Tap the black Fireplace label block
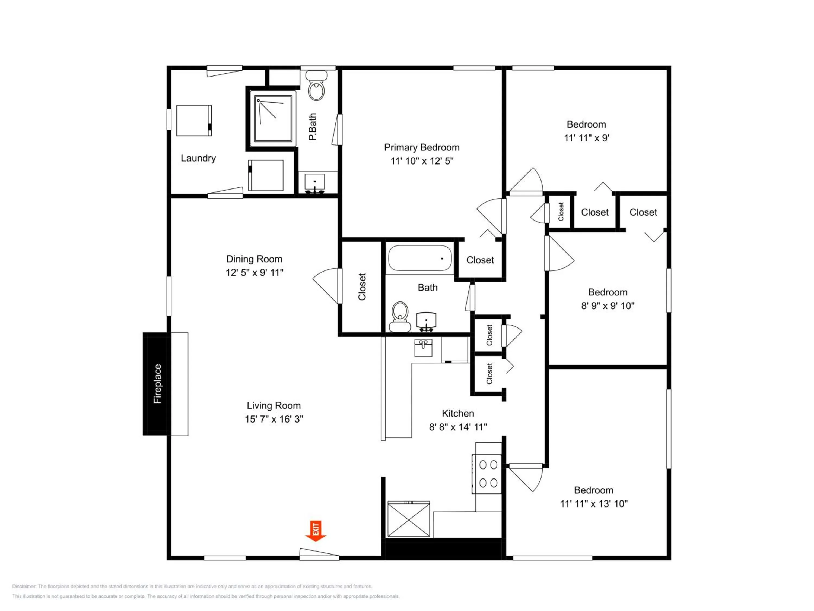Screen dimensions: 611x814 coord(157,384)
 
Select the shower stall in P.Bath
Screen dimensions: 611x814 coord(273,119)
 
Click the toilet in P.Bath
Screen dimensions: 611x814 coord(316,90)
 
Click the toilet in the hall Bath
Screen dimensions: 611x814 coord(400,316)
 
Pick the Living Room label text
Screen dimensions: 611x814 coord(274,405)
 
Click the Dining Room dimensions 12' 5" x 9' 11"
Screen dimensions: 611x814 coord(254,273)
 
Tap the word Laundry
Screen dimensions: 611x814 coord(198,158)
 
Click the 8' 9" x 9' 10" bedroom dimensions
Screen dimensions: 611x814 coord(608,306)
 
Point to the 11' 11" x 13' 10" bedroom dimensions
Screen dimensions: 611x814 coord(594,503)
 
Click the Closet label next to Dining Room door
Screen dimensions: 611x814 coord(362,286)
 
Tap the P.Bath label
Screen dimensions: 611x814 coord(312,127)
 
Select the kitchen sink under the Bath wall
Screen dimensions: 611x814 coord(423,348)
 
